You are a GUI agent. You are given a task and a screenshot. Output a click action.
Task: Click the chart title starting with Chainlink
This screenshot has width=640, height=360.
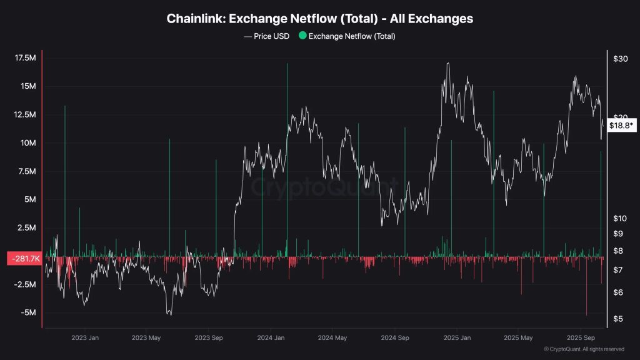[319, 19]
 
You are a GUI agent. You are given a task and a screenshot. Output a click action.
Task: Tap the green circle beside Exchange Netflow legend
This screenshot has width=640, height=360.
[303, 36]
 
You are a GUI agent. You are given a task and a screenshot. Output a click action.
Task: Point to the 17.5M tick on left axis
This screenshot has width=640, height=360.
[24, 58]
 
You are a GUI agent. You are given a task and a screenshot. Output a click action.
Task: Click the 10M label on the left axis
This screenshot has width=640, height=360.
[29, 143]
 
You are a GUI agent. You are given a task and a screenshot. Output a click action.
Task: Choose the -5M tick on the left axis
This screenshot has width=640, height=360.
[27, 313]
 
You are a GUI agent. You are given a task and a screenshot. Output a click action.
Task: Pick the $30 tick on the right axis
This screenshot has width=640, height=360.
[620, 59]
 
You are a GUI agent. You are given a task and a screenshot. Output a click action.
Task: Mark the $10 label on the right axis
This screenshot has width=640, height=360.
[620, 218]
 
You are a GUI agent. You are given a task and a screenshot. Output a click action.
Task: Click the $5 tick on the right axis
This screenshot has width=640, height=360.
[617, 319]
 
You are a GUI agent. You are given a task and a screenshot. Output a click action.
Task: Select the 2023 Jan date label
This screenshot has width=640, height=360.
[84, 338]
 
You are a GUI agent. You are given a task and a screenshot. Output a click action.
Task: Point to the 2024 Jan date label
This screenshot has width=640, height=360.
[271, 338]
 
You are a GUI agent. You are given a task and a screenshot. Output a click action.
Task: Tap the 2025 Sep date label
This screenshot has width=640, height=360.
[580, 338]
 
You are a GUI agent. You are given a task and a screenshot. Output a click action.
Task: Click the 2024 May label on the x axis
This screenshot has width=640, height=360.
[332, 338]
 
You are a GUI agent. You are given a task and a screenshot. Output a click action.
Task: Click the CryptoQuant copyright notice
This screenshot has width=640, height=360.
[584, 349]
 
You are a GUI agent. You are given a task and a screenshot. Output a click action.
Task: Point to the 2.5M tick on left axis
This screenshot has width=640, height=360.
[27, 228]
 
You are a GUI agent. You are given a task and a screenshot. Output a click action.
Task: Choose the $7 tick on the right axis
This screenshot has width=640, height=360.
[617, 269]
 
